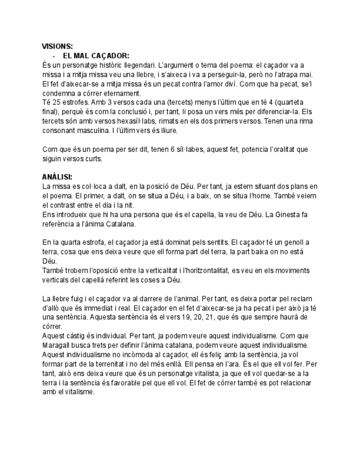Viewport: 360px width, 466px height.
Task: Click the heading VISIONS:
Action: click(x=57, y=46)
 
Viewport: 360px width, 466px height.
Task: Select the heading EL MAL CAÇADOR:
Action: click(x=96, y=56)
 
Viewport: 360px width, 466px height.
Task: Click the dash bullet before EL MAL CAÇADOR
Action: click(x=53, y=56)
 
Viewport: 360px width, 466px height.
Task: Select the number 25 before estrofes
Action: click(x=56, y=102)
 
